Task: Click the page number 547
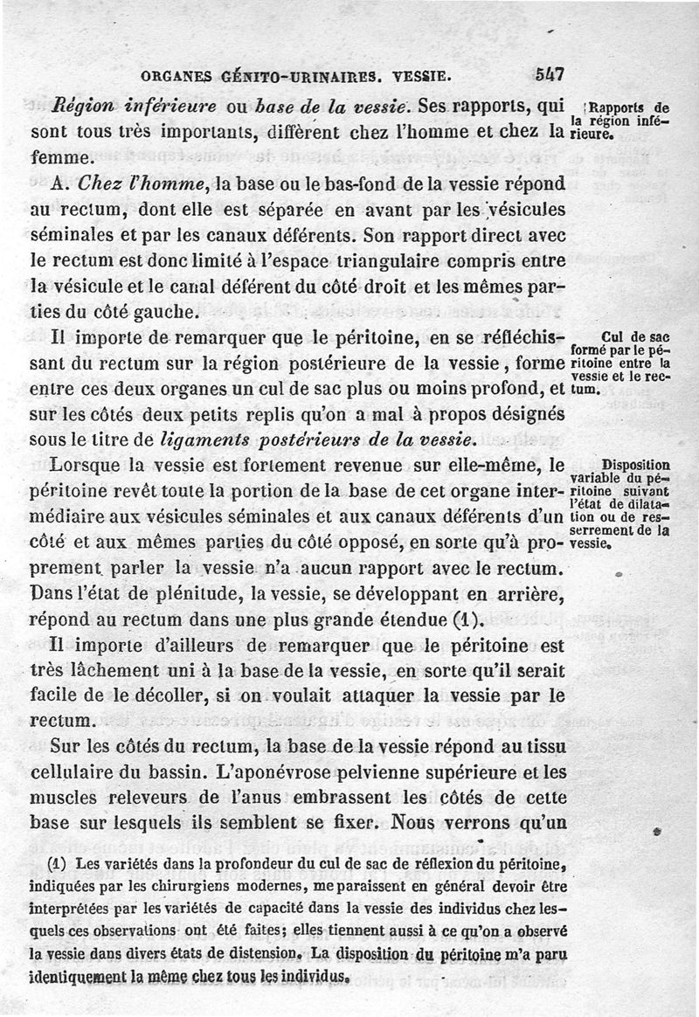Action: [550, 74]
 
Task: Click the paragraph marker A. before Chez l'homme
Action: [60, 185]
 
